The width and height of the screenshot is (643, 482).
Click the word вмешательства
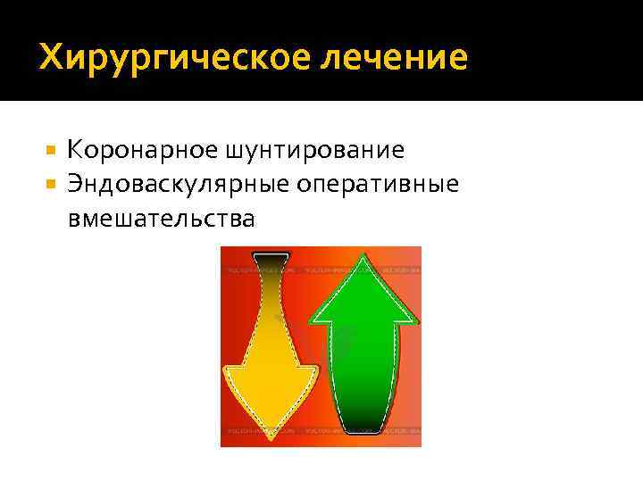tap(161, 218)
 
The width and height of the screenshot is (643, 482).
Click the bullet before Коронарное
tap(51, 149)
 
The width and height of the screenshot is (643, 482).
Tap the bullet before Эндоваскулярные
tap(51, 184)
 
